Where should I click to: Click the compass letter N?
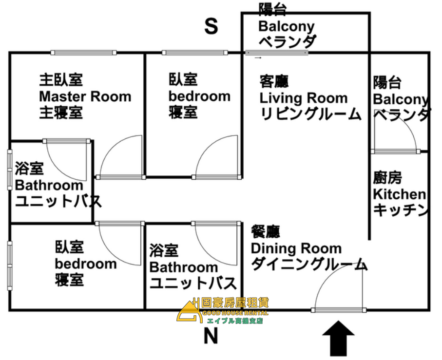point(211,336)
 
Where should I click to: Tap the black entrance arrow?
point(338,338)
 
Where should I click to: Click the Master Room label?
point(85,96)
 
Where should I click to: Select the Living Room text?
point(303,98)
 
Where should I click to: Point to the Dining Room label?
point(296,248)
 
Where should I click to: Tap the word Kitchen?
point(399,194)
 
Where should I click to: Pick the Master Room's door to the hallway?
point(120,157)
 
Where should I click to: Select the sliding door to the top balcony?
point(276,53)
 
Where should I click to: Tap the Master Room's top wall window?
point(83,53)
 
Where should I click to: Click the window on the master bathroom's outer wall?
point(10,170)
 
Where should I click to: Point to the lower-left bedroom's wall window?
point(10,265)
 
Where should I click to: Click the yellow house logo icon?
point(190,312)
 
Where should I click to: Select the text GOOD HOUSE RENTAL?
point(236,313)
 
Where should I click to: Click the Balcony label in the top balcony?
point(287,27)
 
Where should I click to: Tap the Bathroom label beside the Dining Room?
point(184,267)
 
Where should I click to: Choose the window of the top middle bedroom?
point(195,53)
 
